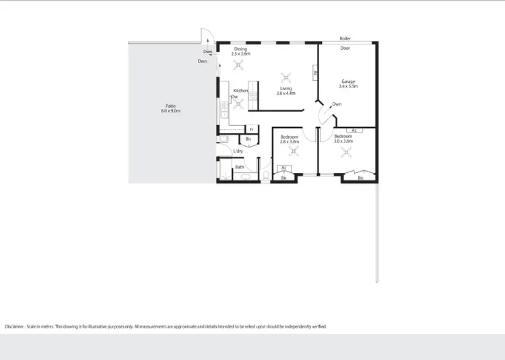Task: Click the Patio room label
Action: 171,106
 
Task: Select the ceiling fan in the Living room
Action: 285,76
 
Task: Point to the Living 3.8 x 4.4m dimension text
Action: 286,94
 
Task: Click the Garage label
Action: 347,81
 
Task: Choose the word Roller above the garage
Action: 345,38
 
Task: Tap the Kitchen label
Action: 240,91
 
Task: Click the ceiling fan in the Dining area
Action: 238,65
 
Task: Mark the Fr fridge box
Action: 251,129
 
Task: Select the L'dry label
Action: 238,151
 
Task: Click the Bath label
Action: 239,167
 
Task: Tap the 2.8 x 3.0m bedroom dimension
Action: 290,142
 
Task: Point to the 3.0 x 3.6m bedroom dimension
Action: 343,141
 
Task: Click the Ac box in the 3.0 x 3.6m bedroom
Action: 354,130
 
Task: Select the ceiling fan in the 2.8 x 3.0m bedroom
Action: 293,151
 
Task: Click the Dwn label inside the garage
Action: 337,104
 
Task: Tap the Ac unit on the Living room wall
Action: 314,73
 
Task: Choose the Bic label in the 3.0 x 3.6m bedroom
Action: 360,178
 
